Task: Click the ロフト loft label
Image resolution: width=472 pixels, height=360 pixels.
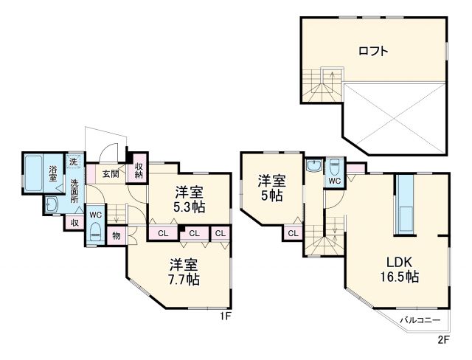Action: coord(373,51)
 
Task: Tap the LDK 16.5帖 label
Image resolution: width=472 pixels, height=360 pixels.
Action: coord(399,269)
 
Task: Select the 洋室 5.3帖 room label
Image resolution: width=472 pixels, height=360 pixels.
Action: coord(190,199)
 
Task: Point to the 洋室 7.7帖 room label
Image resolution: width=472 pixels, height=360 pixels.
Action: coord(184,271)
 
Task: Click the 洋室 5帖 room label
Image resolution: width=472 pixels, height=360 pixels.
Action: coord(272,188)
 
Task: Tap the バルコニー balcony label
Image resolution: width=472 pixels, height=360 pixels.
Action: coord(420,320)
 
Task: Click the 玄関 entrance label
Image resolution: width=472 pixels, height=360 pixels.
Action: coord(111,173)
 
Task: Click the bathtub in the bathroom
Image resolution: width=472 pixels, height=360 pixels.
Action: coord(33,173)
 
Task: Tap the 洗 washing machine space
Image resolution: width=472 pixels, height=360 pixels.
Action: coord(73,161)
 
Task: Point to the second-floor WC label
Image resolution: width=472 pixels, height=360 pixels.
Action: coord(334,181)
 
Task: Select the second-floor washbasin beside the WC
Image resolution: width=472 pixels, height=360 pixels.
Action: coord(314,165)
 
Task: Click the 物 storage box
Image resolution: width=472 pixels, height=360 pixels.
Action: coord(117,235)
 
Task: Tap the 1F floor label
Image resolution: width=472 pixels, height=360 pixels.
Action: coord(226,316)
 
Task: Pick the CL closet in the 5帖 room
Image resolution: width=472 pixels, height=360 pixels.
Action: coord(293,233)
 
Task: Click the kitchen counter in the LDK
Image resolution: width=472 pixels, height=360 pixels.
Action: coord(405,204)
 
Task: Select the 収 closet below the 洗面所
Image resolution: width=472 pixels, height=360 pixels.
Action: coord(74,223)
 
